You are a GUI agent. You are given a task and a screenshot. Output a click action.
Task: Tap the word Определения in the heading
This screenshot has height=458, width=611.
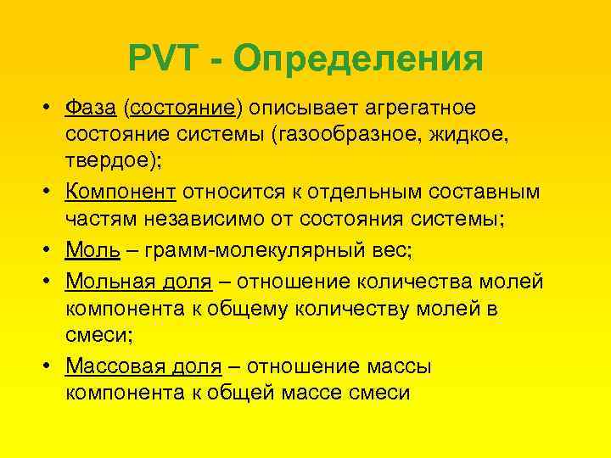click(x=357, y=60)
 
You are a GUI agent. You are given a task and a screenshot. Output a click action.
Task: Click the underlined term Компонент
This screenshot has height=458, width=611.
click(x=122, y=192)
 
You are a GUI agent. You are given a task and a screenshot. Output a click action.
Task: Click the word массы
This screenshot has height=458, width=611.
click(x=396, y=367)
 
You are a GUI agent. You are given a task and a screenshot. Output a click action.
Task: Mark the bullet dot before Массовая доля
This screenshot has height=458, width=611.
click(x=51, y=367)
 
